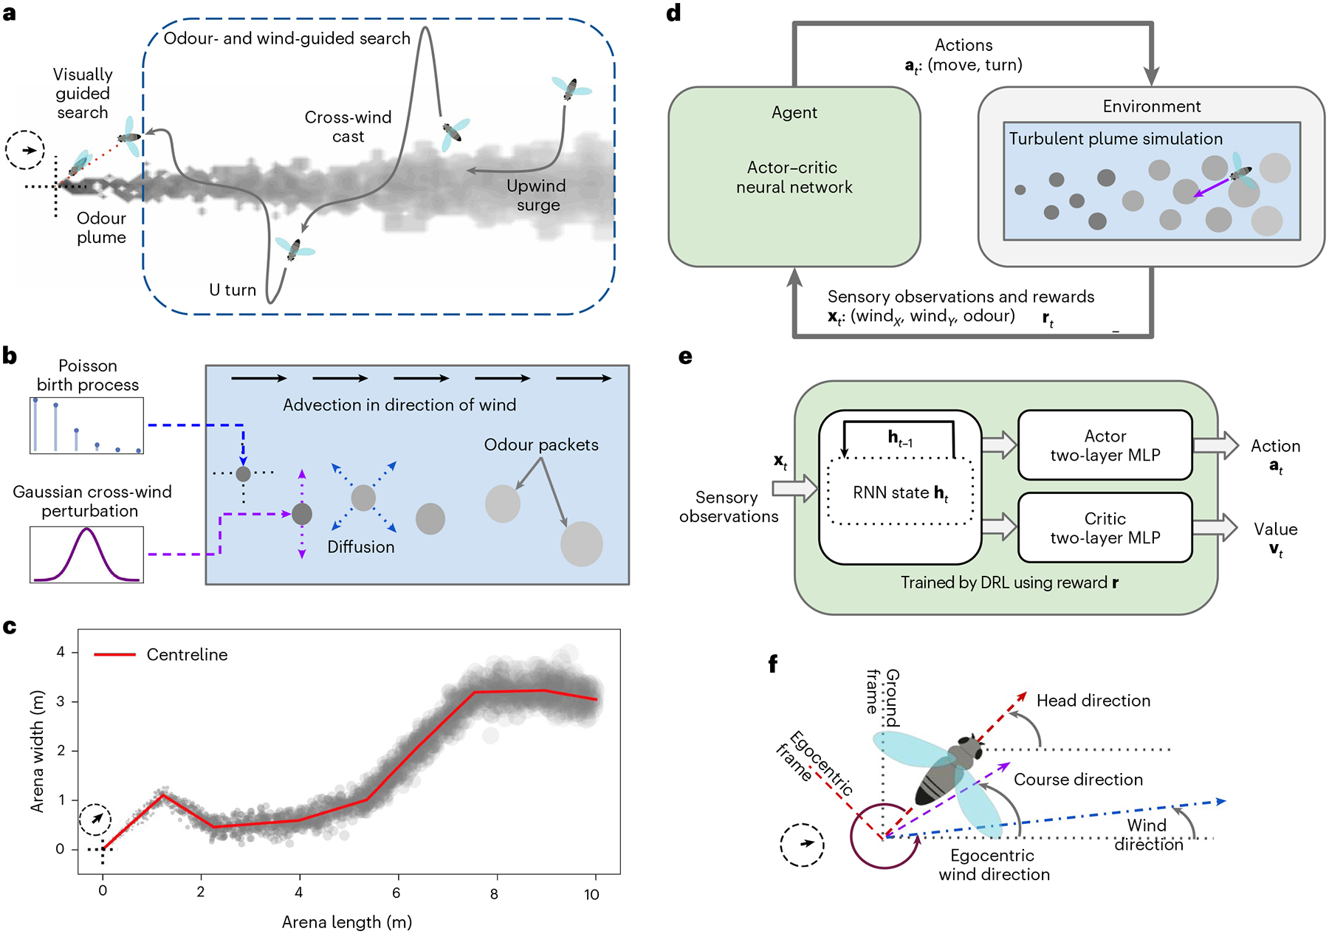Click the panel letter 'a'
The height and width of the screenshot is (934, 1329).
10,13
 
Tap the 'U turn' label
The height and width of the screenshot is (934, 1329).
232,290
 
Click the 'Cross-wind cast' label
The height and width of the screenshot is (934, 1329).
348,127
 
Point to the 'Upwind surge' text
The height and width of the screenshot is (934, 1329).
537,196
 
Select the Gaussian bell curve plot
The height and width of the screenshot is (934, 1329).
87,554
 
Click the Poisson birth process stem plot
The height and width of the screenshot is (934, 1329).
87,425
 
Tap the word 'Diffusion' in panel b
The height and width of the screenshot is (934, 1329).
361,547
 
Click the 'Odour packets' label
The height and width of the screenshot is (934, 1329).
541,444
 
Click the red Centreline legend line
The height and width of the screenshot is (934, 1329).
114,654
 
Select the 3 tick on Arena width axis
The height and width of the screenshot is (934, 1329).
61,701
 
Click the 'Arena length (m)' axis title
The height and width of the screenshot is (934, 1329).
347,922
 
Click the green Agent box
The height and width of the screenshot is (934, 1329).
794,177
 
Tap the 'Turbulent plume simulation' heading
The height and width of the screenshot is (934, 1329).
1116,139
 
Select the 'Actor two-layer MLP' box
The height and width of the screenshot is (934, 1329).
1105,445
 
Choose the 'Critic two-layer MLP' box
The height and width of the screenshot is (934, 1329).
1105,528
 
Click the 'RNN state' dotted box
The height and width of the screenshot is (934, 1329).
900,492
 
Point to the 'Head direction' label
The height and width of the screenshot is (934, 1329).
1093,701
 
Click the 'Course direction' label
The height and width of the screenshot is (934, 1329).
1078,780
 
